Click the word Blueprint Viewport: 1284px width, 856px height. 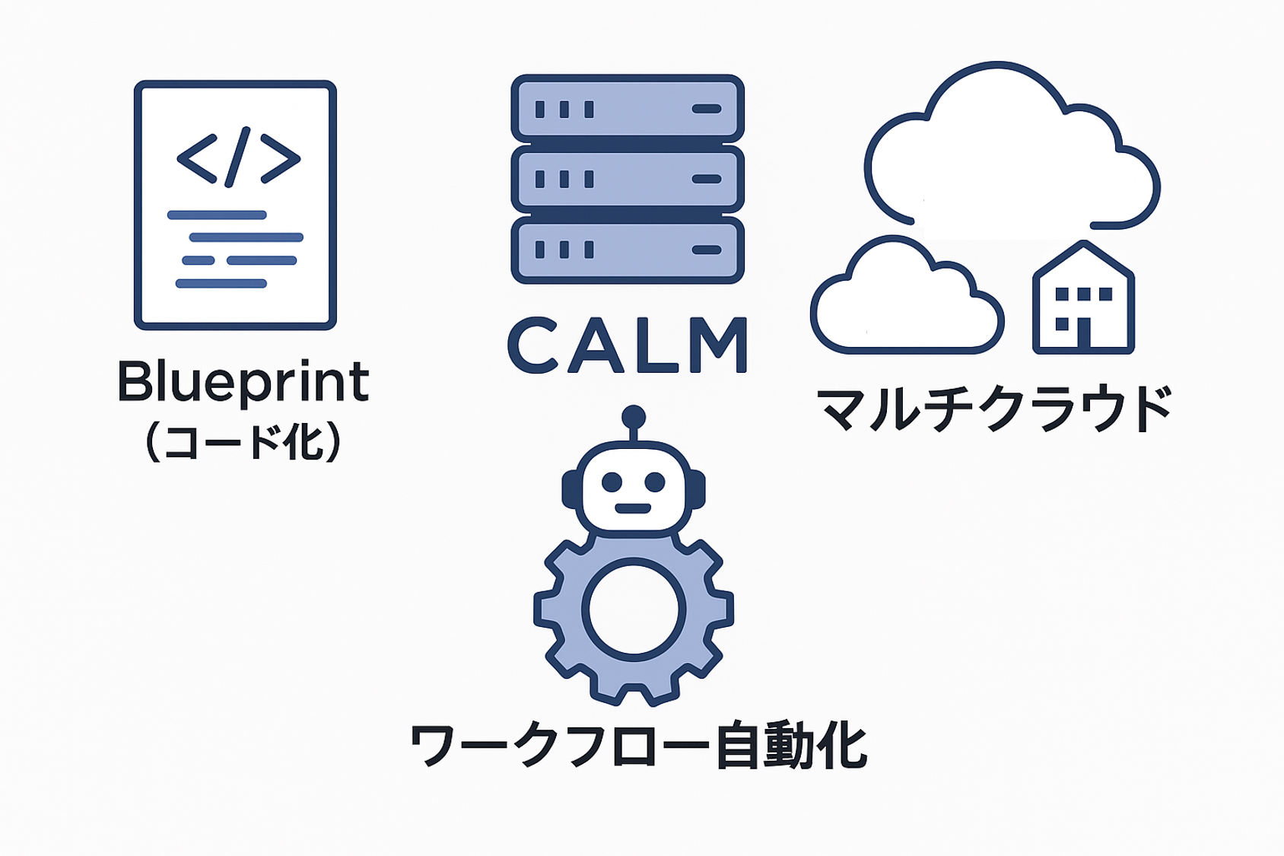point(243,381)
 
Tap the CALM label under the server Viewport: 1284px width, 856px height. point(628,345)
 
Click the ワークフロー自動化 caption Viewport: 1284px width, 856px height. point(637,746)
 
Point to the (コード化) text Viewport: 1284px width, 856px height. point(243,442)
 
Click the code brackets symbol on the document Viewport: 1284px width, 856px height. point(238,158)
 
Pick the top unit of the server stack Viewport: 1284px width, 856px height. point(628,109)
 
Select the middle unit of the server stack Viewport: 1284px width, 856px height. point(628,180)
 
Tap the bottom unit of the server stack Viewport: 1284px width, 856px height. point(628,250)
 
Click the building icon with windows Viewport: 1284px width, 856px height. point(1083,301)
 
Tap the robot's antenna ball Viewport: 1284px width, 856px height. point(633,417)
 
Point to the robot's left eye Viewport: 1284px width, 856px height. point(612,482)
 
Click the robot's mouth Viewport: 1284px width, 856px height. point(633,508)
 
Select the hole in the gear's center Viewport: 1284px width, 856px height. point(634,609)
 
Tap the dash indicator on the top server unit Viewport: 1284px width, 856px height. point(707,109)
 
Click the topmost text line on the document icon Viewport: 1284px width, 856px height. point(217,215)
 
